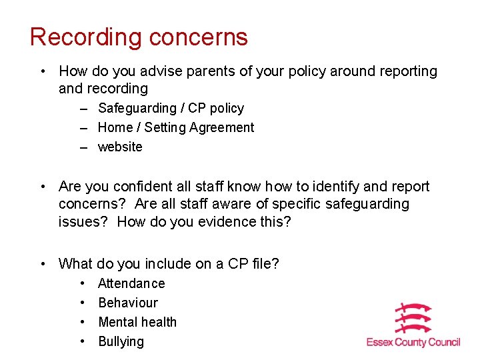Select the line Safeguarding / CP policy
click(x=171, y=108)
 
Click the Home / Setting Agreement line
click(x=176, y=127)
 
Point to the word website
click(x=120, y=147)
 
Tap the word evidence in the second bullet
click(x=216, y=221)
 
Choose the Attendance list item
click(x=131, y=283)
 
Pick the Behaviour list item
click(x=128, y=303)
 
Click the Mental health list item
click(x=137, y=322)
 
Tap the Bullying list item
click(x=121, y=341)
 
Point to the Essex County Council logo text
click(x=413, y=342)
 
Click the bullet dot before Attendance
click(x=82, y=283)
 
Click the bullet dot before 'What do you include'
click(x=43, y=264)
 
